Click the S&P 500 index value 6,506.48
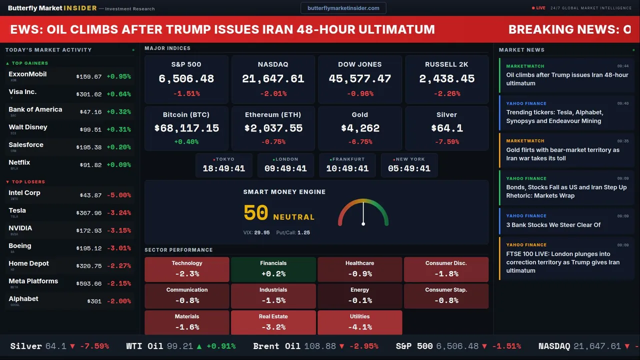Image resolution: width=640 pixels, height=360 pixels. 186,79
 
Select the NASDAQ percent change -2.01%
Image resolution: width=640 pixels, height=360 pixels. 273,93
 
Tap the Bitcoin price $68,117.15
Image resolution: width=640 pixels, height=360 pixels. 186,128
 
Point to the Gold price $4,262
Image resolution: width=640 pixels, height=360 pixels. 360,128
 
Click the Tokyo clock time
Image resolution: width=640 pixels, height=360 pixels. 223,168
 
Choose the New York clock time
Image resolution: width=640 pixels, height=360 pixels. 409,168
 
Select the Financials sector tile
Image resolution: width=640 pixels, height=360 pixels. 273,269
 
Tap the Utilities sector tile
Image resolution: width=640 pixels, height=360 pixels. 359,322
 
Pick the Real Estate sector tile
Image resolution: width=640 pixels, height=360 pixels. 273,322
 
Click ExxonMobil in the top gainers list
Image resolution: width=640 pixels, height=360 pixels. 27,74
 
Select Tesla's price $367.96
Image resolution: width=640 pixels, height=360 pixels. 89,213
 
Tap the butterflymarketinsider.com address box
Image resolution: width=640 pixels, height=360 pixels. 343,8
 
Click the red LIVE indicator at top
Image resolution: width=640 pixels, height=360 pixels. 539,8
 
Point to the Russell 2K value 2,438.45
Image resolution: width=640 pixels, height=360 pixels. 446,79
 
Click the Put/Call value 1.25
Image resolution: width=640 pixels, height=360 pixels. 303,232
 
